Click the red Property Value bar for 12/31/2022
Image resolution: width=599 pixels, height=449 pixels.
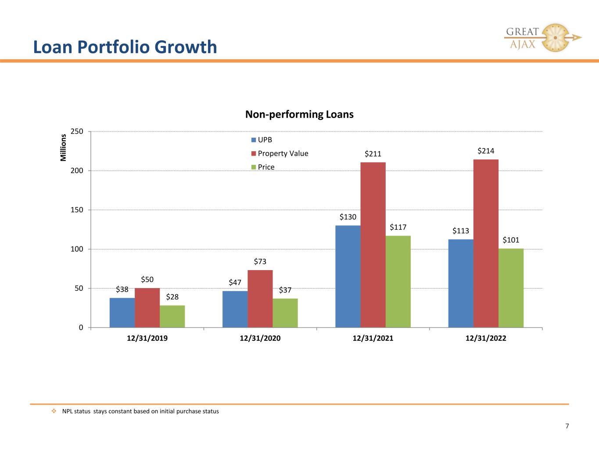pos(486,243)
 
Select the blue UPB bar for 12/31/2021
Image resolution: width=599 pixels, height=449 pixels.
pos(348,276)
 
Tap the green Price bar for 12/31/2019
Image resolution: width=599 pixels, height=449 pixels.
pos(172,316)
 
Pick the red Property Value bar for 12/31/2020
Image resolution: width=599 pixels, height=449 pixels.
pos(260,299)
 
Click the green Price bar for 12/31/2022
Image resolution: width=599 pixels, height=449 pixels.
pos(511,288)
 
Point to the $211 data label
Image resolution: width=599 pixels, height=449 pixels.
pos(373,154)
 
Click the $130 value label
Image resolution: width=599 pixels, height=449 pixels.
pos(348,217)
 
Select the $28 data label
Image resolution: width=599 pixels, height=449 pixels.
pos(172,296)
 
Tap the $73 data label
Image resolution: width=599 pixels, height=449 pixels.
pos(260,261)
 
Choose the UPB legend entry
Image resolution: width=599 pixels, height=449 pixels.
pos(262,140)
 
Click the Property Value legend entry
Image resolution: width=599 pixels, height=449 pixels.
pos(280,153)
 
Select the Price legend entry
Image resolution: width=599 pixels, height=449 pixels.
pos(263,167)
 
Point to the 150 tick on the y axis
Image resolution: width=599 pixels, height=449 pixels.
pos(77,210)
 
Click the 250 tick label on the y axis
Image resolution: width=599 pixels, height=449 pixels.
pos(77,132)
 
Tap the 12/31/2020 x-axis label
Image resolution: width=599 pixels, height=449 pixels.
pos(260,338)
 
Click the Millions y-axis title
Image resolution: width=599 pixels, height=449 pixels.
pos(63,147)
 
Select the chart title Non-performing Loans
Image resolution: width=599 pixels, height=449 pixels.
pos(299,114)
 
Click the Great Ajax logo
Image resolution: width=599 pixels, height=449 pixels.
pos(542,38)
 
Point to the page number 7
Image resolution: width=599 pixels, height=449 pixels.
pos(567,426)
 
